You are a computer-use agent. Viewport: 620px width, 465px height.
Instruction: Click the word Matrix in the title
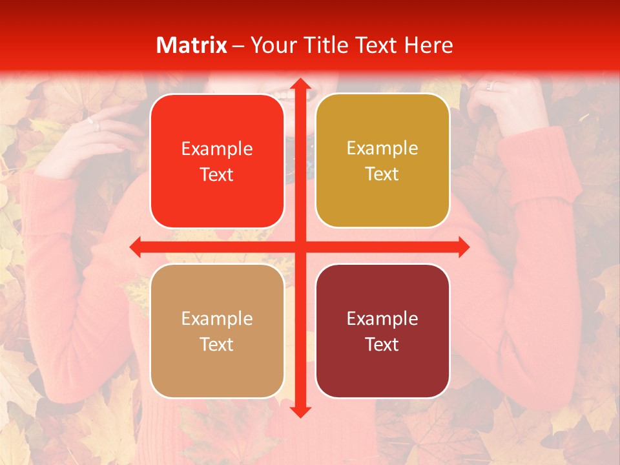(x=192, y=45)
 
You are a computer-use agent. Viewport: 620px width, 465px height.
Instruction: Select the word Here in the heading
(x=429, y=45)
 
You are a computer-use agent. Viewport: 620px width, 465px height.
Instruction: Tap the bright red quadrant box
(x=217, y=161)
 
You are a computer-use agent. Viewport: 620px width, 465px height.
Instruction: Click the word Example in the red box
(x=217, y=149)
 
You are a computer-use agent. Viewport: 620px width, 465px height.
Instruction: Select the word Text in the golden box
(x=382, y=174)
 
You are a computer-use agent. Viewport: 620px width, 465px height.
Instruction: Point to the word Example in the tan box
(x=217, y=319)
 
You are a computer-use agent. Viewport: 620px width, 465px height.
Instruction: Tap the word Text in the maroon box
(x=382, y=344)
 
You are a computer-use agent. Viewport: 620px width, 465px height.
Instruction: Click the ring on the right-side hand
(x=490, y=85)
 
